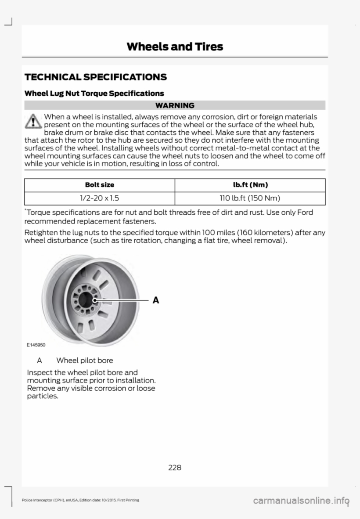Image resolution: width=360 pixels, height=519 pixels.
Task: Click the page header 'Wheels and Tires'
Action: pyautogui.click(x=175, y=47)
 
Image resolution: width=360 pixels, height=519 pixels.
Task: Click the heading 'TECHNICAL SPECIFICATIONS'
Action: pyautogui.click(x=96, y=77)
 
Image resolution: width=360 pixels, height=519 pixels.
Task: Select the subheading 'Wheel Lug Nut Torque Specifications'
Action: pyautogui.click(x=94, y=94)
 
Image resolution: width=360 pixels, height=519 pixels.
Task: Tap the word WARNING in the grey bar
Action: pyautogui.click(x=175, y=105)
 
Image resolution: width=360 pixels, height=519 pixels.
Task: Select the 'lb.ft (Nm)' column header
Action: pyautogui.click(x=249, y=186)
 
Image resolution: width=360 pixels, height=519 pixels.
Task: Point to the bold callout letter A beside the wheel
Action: pyautogui.click(x=155, y=300)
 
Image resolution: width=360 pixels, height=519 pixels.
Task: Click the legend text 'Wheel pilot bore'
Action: pyautogui.click(x=84, y=360)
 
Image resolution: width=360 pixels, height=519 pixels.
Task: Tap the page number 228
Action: pyautogui.click(x=175, y=467)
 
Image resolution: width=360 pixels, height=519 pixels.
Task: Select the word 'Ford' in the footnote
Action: pyautogui.click(x=304, y=213)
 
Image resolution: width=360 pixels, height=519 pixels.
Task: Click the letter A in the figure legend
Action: pyautogui.click(x=39, y=360)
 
